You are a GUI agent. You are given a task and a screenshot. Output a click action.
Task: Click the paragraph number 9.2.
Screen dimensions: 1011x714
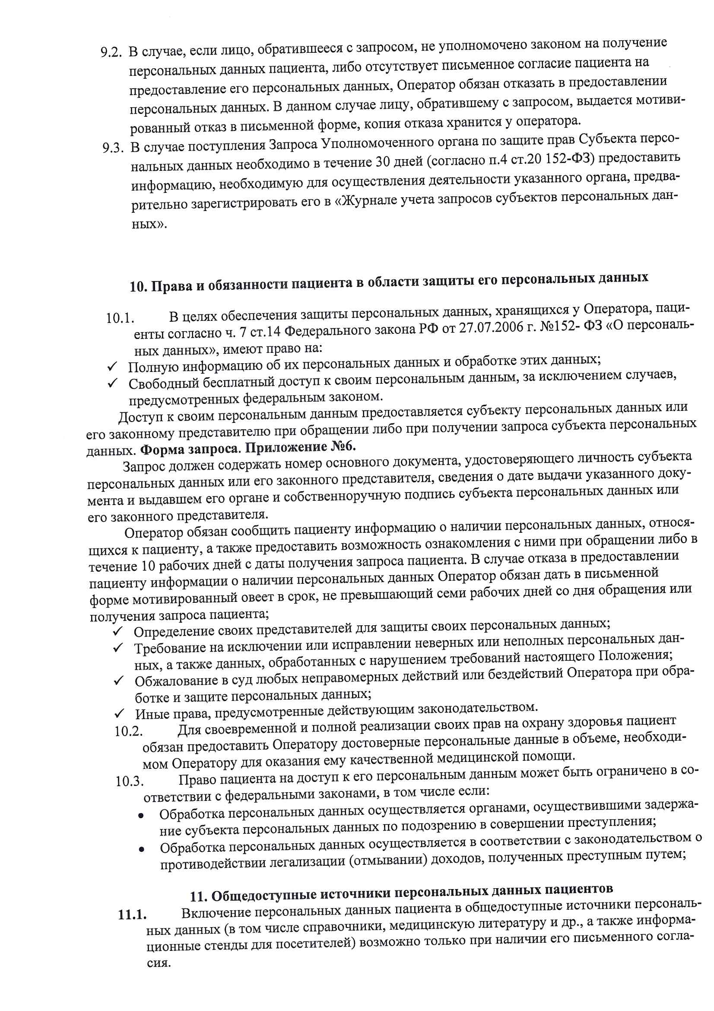pos(111,52)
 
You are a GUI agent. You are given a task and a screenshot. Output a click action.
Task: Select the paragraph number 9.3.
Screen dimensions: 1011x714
pos(112,147)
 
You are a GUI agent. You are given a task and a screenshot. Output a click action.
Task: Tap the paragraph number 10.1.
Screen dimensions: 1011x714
pos(120,318)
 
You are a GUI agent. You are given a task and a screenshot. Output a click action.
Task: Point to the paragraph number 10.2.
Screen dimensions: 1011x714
pos(128,731)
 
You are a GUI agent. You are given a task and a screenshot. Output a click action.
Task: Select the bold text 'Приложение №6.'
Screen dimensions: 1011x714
pos(301,448)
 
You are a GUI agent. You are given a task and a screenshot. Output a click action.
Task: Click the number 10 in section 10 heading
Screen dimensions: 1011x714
pos(138,287)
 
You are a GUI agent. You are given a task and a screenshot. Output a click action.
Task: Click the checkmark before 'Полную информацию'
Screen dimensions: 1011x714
pos(112,366)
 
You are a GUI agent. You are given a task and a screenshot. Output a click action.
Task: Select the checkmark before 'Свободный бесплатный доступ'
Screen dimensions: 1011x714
pos(113,383)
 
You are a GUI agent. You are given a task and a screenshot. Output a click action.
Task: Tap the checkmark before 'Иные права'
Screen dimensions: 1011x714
pos(119,713)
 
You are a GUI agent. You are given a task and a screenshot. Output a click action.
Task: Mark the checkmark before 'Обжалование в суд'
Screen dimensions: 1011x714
pos(119,681)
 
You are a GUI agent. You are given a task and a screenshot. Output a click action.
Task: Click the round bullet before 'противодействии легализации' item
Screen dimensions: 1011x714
pos(141,849)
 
